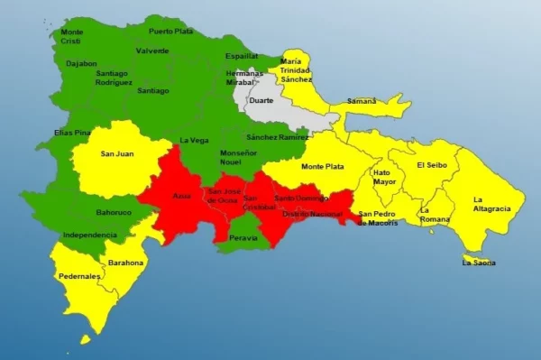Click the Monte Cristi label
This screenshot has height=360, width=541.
pyautogui.click(x=72, y=36)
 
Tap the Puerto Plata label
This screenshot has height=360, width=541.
pyautogui.click(x=170, y=31)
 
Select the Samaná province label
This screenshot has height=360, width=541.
pyautogui.click(x=362, y=101)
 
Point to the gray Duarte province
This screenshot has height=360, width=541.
pyautogui.click(x=261, y=101)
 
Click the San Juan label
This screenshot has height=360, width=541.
pyautogui.click(x=117, y=153)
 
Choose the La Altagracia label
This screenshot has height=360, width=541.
pyautogui.click(x=491, y=203)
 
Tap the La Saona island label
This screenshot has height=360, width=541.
pyautogui.click(x=479, y=263)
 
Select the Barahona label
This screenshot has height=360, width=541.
pyautogui.click(x=125, y=263)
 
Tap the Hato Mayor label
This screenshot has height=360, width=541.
pyautogui.click(x=383, y=177)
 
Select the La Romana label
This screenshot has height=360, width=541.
pyautogui.click(x=435, y=215)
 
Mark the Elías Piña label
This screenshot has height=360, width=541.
pyautogui.click(x=72, y=133)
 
